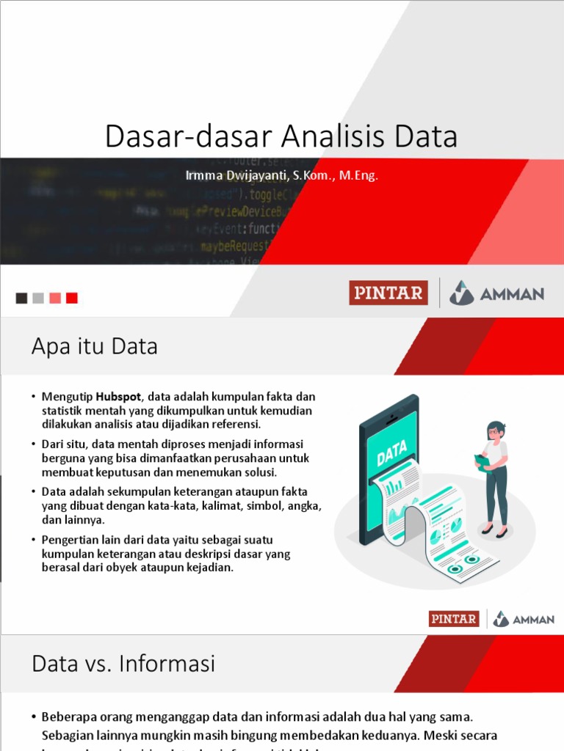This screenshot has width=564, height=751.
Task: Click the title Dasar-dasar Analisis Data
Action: [x=281, y=136]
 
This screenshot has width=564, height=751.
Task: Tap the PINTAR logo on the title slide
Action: [x=388, y=293]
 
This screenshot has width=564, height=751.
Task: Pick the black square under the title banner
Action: [x=22, y=298]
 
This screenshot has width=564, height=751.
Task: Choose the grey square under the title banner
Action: [x=38, y=298]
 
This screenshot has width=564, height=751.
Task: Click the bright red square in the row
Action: [x=71, y=298]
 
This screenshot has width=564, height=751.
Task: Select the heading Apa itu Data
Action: [x=95, y=346]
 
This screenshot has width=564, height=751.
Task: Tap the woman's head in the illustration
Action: [x=496, y=431]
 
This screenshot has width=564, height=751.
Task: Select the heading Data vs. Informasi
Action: [x=123, y=664]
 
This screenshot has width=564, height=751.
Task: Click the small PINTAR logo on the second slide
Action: [x=454, y=619]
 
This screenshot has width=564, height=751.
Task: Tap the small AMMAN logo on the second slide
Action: [x=524, y=619]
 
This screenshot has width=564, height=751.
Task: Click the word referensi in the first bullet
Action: [x=235, y=424]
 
